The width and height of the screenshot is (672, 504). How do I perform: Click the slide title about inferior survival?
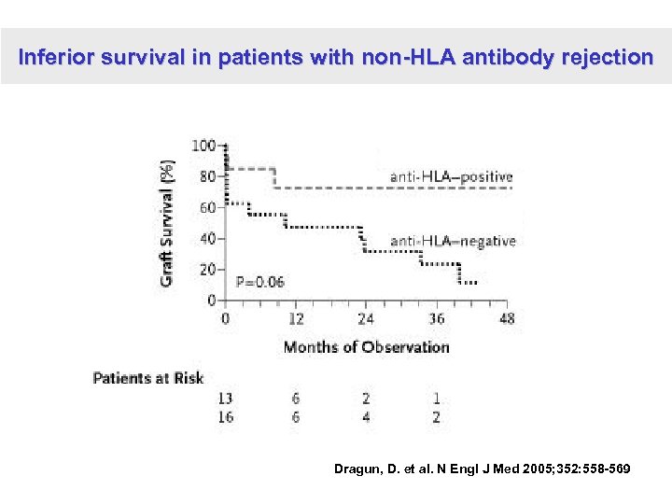[x=336, y=57]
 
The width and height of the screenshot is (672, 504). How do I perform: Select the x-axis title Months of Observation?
[x=366, y=347]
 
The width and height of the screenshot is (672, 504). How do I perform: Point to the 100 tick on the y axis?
[x=203, y=146]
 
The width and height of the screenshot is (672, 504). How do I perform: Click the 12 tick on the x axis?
[x=296, y=319]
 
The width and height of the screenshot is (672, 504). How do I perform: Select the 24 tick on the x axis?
[x=366, y=319]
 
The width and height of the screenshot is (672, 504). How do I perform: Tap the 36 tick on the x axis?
[x=436, y=319]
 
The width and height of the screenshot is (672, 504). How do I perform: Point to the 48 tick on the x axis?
[x=506, y=319]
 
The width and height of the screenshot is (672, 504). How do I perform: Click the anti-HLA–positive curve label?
[x=451, y=176]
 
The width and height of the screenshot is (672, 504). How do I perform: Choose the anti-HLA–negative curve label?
[x=453, y=241]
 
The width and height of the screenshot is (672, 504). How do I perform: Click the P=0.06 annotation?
[x=260, y=281]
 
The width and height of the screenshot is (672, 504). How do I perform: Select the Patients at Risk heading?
[x=148, y=378]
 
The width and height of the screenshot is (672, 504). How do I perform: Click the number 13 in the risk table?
[x=225, y=399]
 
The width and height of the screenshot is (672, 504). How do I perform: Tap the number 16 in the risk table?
[x=225, y=417]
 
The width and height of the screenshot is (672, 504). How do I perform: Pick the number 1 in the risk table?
[x=436, y=399]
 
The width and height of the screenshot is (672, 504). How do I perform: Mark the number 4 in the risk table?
[x=366, y=417]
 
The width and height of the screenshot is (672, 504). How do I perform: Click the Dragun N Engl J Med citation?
[x=482, y=469]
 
